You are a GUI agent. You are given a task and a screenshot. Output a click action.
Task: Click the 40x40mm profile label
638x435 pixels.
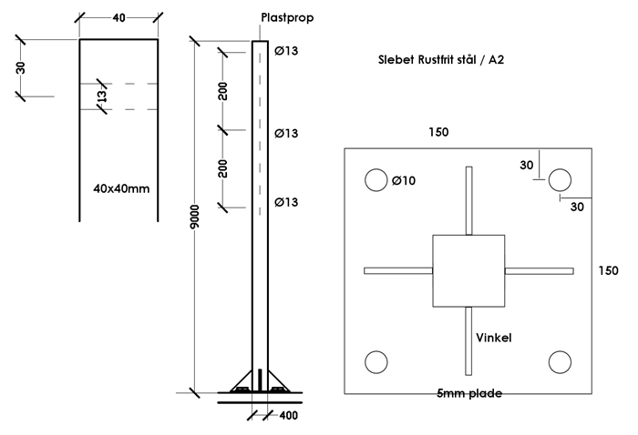pos(120,189)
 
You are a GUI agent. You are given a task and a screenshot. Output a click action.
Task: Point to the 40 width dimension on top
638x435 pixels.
pos(119,16)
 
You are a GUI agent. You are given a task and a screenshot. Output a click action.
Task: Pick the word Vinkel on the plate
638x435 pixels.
pos(493,338)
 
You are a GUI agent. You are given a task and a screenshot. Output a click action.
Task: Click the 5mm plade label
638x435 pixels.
pos(469,393)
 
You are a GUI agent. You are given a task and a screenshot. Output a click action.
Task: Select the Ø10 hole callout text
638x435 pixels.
pos(403,180)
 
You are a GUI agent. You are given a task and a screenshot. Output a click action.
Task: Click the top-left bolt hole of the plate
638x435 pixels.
pos(375,180)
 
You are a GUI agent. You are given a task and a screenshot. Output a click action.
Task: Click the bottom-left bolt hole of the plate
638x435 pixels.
pos(375,363)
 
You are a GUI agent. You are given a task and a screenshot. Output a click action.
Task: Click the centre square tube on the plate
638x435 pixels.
pos(468,270)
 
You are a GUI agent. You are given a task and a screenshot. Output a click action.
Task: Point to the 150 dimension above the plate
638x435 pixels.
pos(438,132)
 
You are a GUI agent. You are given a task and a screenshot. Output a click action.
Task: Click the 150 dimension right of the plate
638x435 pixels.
pos(608,270)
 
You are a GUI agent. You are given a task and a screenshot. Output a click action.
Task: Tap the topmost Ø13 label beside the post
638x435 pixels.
pos(286,51)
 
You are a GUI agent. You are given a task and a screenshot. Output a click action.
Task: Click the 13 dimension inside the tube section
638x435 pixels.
pos(103,96)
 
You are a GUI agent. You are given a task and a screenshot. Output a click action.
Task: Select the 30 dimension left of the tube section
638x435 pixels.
pos(22,67)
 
